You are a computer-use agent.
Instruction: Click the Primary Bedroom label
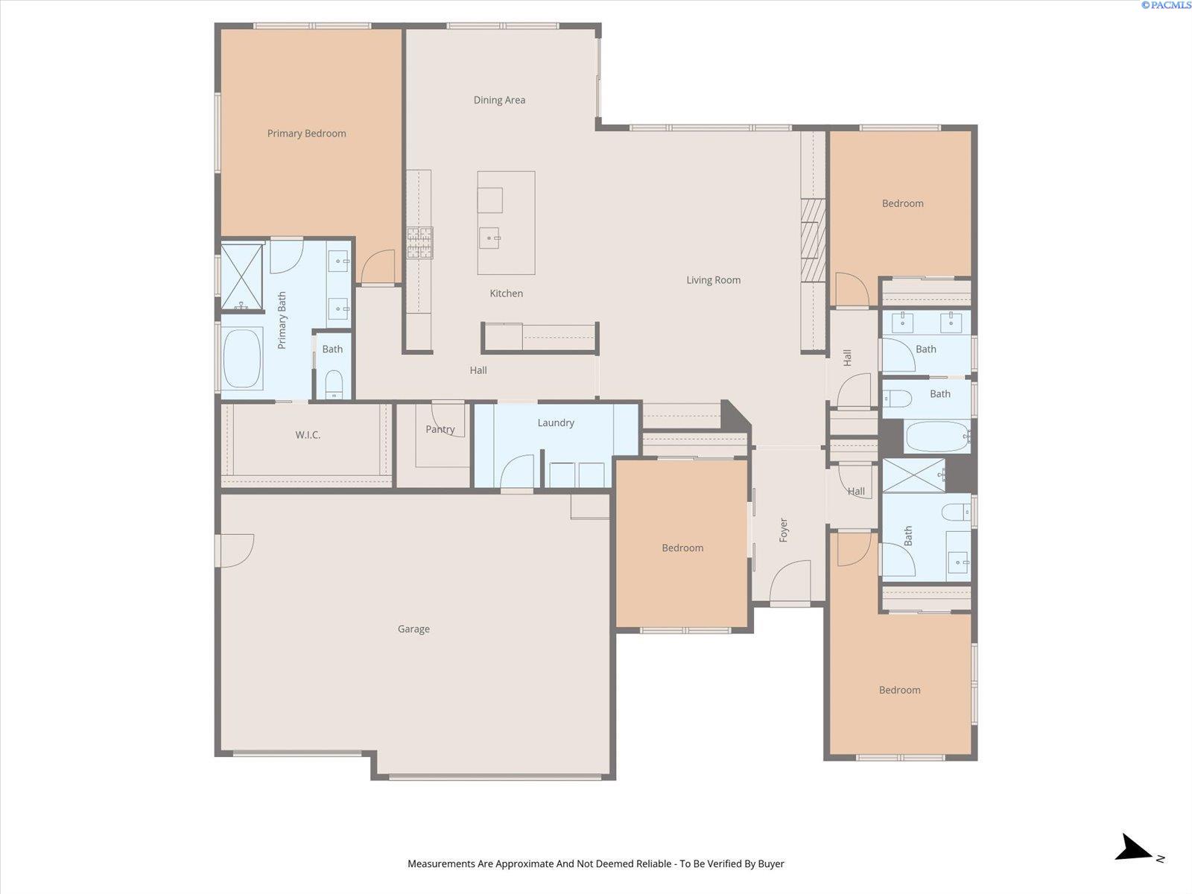(x=306, y=133)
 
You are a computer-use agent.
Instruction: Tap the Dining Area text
(x=499, y=100)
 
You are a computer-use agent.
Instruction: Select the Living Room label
(x=713, y=280)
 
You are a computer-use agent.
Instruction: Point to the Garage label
(x=413, y=629)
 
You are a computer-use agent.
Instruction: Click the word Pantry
(x=440, y=429)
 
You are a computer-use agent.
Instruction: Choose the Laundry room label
(x=556, y=423)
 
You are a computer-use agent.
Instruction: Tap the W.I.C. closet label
(x=308, y=435)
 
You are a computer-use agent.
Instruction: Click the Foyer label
(x=783, y=530)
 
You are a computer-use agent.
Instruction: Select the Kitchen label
(x=506, y=294)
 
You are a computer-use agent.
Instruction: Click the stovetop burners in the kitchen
(x=420, y=243)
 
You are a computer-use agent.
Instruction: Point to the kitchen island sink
(x=489, y=238)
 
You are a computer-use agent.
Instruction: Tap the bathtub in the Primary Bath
(x=242, y=358)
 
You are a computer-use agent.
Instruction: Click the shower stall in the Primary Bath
(x=241, y=277)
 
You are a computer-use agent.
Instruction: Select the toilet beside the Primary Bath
(x=334, y=384)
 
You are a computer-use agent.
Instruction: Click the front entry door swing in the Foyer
(x=790, y=580)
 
